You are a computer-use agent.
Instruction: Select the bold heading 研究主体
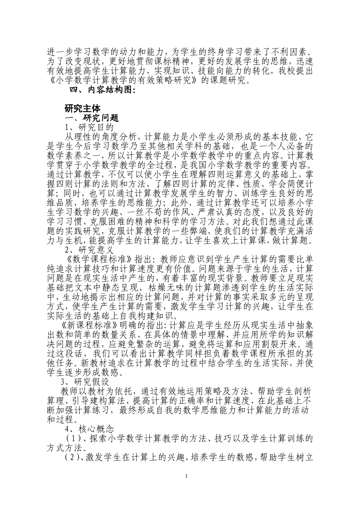click(82, 108)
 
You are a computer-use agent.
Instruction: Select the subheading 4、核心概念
click(89, 429)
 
